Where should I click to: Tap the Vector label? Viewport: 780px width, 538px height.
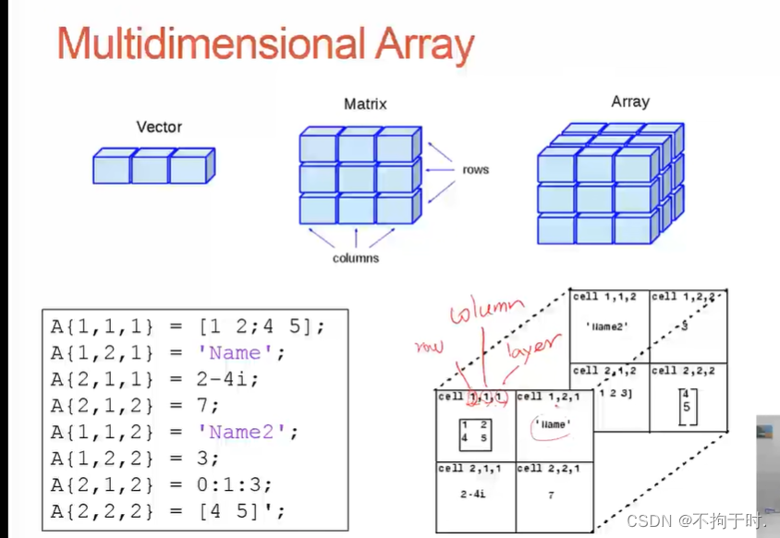point(159,127)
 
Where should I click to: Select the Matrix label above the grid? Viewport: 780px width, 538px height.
point(365,104)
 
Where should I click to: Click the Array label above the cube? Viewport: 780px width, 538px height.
point(630,102)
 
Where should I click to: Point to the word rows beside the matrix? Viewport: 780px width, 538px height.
point(476,169)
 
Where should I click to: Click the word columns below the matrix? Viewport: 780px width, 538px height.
point(356,258)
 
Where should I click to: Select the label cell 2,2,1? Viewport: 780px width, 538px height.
point(549,469)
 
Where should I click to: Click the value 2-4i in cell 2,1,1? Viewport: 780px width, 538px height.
point(474,495)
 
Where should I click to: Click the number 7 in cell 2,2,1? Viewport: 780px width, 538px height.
point(551,495)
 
